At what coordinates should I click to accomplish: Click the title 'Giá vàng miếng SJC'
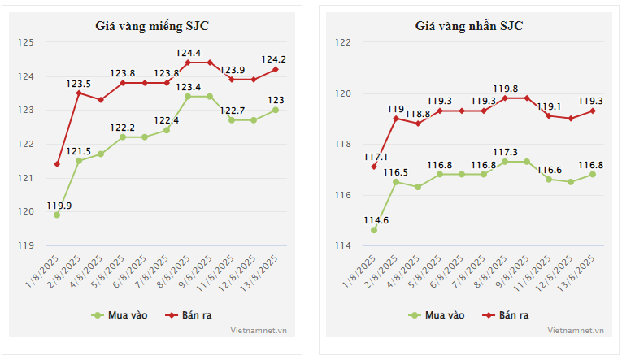click(x=152, y=24)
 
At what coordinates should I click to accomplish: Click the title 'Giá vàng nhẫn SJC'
click(x=469, y=24)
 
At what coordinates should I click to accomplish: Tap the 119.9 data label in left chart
click(x=59, y=206)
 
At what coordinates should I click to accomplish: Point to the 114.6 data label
click(x=374, y=220)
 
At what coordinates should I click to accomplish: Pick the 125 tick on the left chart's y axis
click(x=27, y=42)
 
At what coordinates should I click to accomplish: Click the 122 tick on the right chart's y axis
click(x=344, y=42)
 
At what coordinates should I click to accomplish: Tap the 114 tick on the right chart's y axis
click(x=344, y=245)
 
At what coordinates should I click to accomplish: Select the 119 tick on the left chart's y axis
click(x=27, y=245)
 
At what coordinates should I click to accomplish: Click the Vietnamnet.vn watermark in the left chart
click(x=259, y=331)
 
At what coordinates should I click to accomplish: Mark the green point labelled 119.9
click(x=57, y=215)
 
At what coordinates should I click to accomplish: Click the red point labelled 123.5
click(x=79, y=93)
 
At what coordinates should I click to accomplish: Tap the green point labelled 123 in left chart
click(x=276, y=110)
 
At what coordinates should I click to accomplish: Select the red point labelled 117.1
click(x=374, y=167)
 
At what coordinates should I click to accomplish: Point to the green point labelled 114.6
click(x=374, y=230)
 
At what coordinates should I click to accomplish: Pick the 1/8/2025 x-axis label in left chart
click(x=45, y=269)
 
